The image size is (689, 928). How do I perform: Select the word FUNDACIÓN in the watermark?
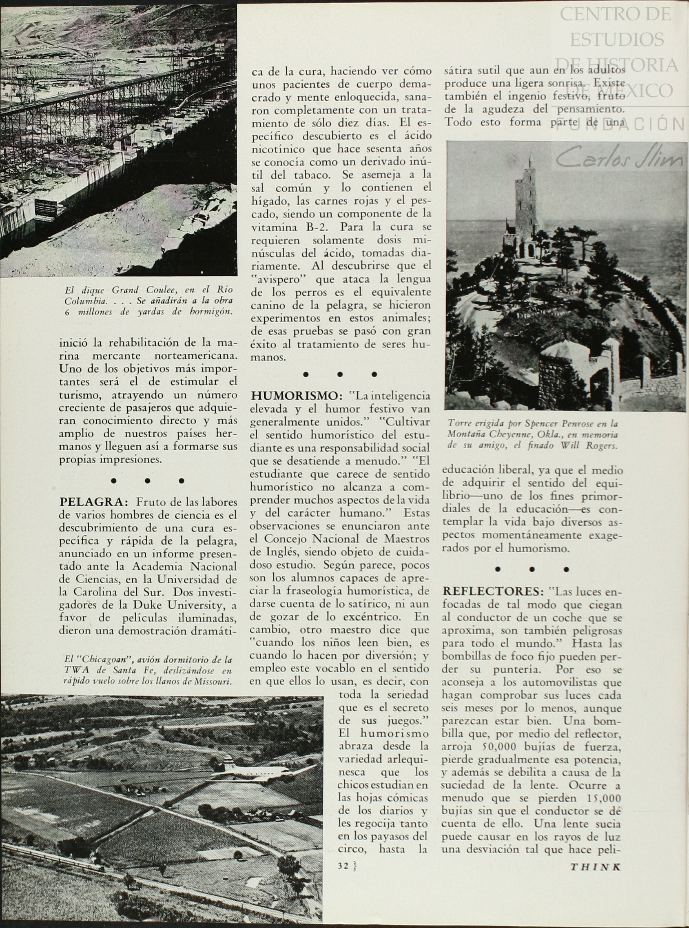pos(621,124)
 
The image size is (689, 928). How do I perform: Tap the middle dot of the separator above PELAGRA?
pos(147,481)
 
